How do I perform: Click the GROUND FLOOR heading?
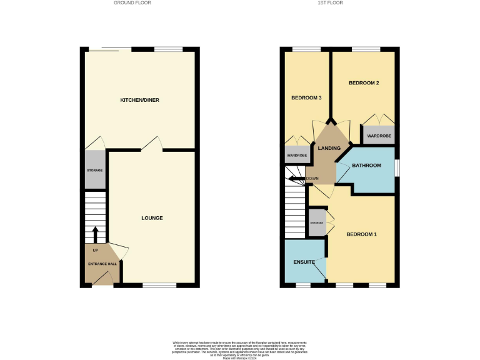point(132,3)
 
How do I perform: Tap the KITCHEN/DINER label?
point(140,100)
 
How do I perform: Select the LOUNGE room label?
point(152,218)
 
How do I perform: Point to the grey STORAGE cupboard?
point(95,170)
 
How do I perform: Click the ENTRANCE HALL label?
point(102,264)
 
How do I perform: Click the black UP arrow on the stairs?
point(95,235)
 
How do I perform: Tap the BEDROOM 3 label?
point(306,97)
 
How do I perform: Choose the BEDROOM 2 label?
point(364,82)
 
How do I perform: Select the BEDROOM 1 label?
point(362,234)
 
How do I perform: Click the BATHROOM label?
point(366,166)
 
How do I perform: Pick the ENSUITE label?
point(302,261)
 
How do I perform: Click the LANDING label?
point(329,148)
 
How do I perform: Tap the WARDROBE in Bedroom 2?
point(379,136)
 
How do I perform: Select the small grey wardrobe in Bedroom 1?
point(317,223)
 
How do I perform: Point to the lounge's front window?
point(159,285)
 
